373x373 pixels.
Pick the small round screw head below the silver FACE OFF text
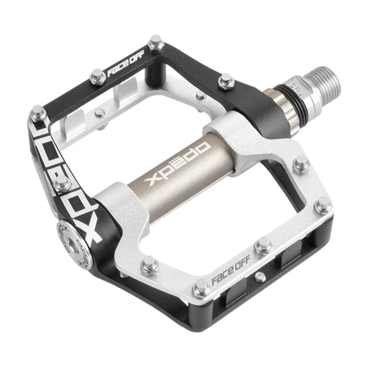click(259, 277)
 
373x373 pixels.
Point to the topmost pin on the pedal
click(156, 42)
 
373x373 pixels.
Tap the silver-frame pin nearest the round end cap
click(149, 263)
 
